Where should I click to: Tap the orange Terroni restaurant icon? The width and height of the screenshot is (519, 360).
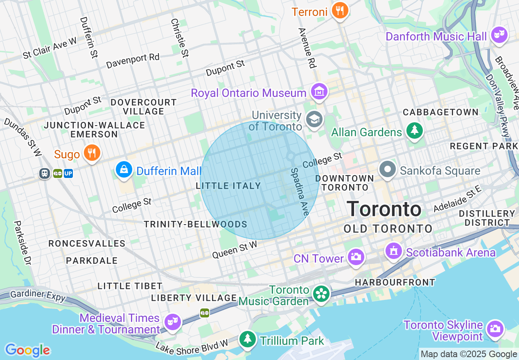coord(340,11)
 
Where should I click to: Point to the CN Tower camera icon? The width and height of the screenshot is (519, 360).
coord(356,257)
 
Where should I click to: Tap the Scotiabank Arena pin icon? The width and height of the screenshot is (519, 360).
coord(394,251)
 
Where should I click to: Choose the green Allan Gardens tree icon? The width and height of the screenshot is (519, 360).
coord(415,131)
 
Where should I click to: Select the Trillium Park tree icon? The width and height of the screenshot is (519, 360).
coord(247,339)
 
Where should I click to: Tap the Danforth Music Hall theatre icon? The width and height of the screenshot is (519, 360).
coord(499,35)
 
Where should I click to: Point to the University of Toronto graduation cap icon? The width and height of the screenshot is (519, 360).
coord(314,119)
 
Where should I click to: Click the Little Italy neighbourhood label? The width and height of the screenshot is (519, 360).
coord(228,186)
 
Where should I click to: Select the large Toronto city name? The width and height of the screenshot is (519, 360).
coord(384,209)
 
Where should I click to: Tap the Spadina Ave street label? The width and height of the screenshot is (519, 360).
coord(300,191)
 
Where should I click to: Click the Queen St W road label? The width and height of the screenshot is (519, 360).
coord(235,249)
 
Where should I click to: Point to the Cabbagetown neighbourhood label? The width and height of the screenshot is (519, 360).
coord(440,112)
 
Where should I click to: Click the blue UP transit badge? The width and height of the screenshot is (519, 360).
coord(68,173)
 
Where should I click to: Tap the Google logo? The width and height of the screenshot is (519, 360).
coord(27,350)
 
